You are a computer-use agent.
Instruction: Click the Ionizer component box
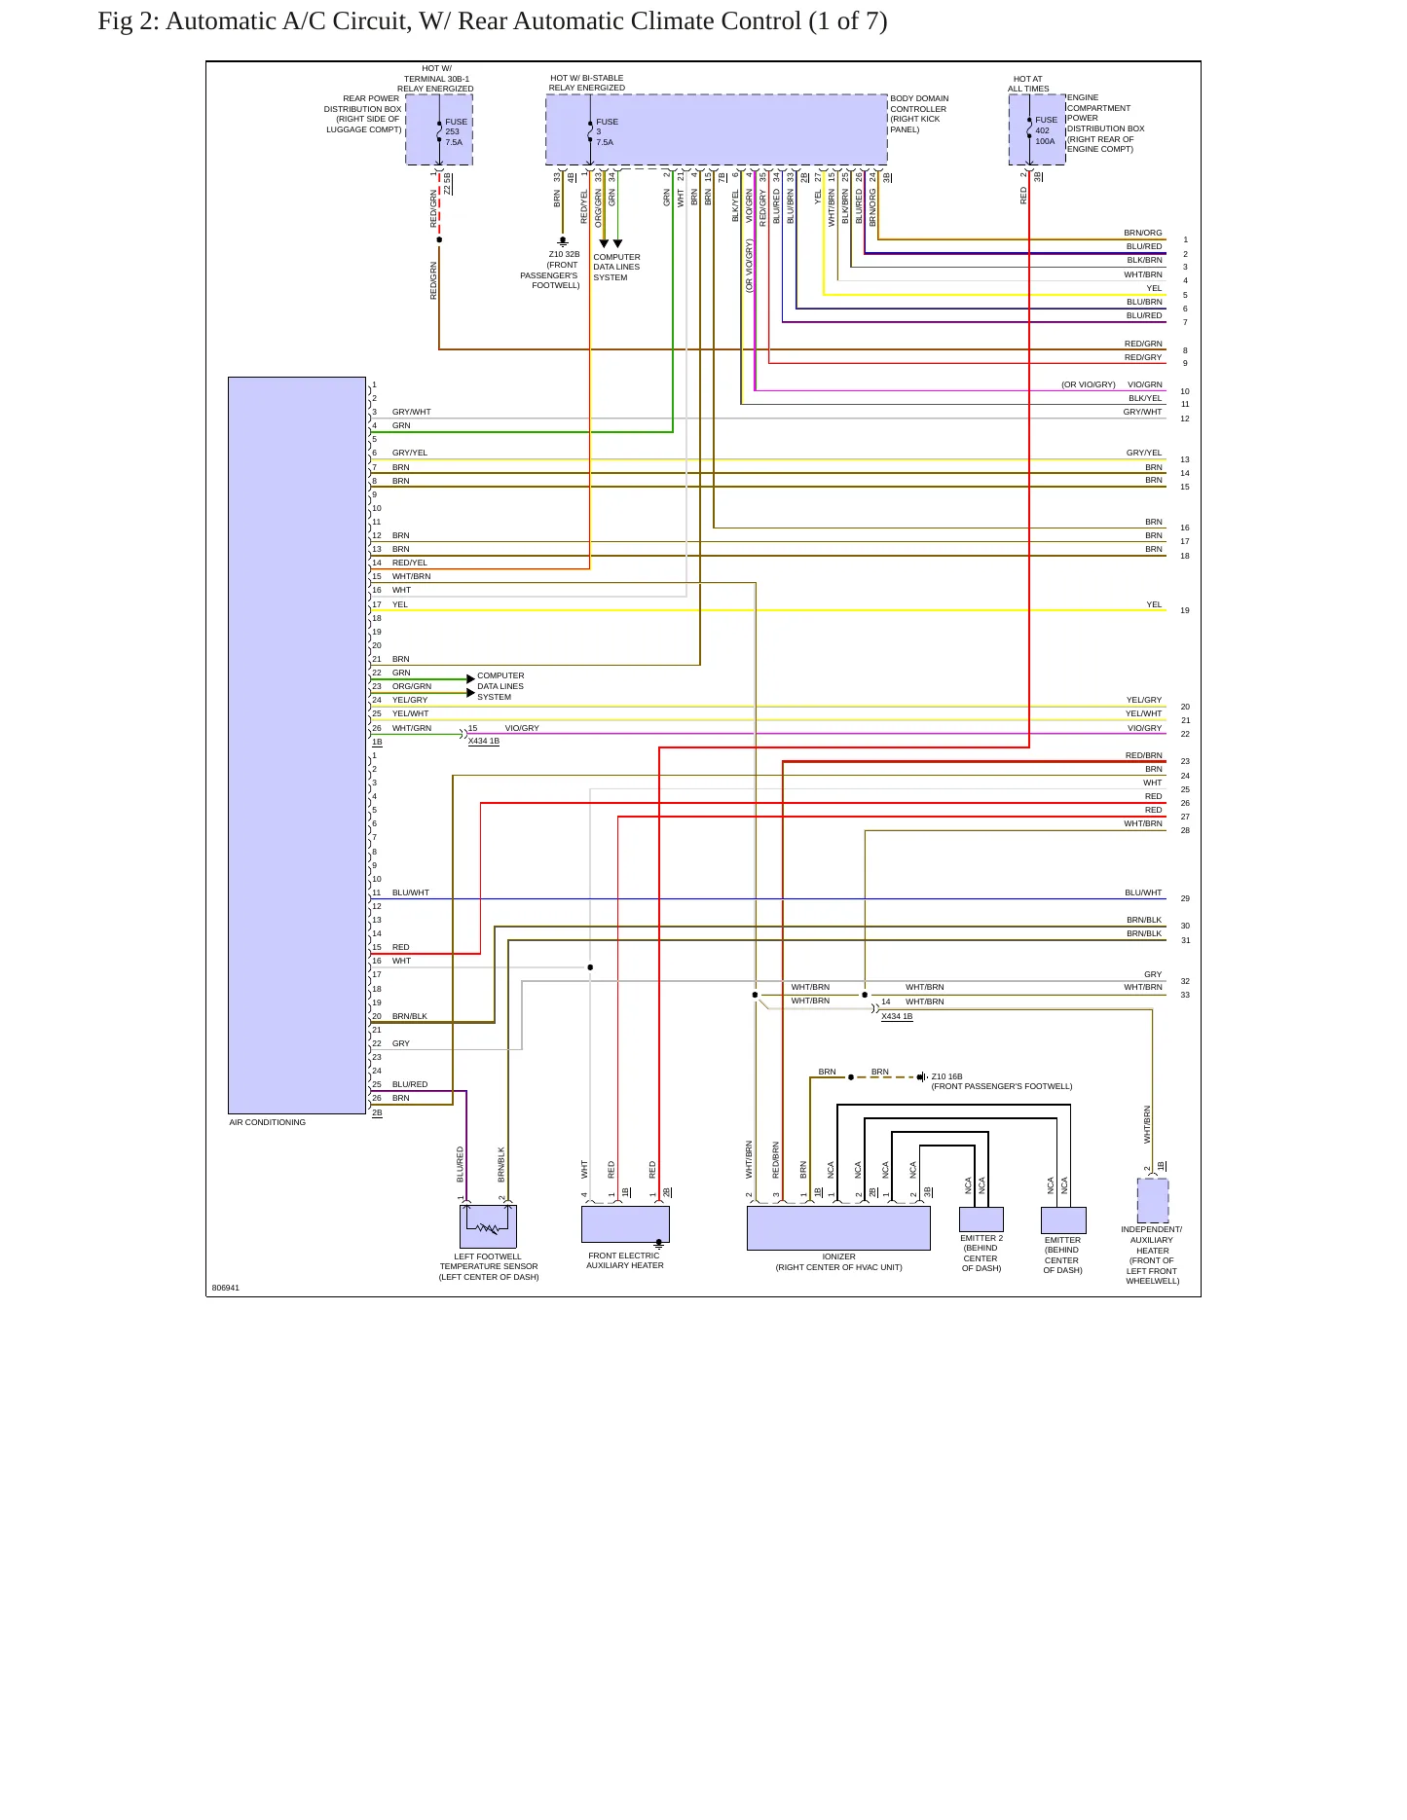838,1227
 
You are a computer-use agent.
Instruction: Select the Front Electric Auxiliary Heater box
625,1224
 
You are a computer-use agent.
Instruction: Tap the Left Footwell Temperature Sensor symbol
488,1226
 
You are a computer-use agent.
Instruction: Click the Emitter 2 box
981,1219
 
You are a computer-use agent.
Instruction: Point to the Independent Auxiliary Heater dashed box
1153,1201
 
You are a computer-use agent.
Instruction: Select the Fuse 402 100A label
1046,130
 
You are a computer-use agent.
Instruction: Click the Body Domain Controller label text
919,114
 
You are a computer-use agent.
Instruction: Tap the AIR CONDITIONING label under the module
268,1122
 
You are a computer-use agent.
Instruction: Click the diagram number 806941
225,1288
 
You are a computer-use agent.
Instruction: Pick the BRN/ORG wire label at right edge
1143,233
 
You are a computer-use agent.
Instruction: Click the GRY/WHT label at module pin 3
411,412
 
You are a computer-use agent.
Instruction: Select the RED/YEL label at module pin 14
410,563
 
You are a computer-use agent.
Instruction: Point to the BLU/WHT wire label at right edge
1143,892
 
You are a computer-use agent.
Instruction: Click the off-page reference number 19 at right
1185,610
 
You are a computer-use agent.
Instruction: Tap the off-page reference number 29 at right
1185,898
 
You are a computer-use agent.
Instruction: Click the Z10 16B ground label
946,1076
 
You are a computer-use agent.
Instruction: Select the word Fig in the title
115,21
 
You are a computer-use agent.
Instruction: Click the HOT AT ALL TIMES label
1028,84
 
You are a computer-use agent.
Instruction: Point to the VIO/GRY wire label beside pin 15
522,728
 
